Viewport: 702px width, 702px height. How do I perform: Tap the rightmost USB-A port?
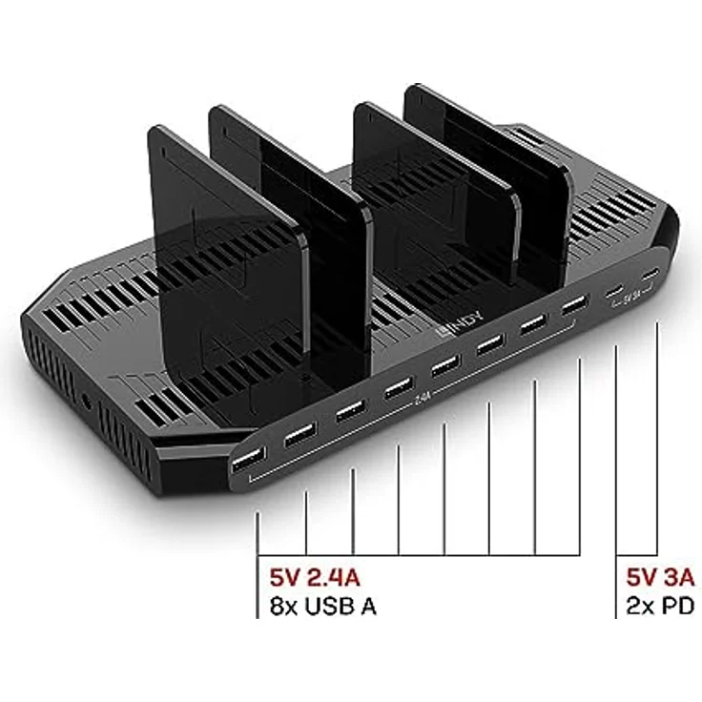coord(573,307)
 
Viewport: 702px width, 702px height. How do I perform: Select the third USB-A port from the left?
coord(349,413)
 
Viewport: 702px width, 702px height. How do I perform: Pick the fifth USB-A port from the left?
coord(444,367)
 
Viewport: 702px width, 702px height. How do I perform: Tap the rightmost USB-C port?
coord(650,276)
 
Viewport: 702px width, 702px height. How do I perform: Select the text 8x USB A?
coord(322,606)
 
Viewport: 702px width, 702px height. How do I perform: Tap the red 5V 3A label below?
coord(660,578)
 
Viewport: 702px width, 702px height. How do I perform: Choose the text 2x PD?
coord(658,606)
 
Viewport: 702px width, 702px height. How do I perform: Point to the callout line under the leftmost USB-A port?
coord(258,534)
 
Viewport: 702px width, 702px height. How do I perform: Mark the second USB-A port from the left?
coord(300,437)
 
